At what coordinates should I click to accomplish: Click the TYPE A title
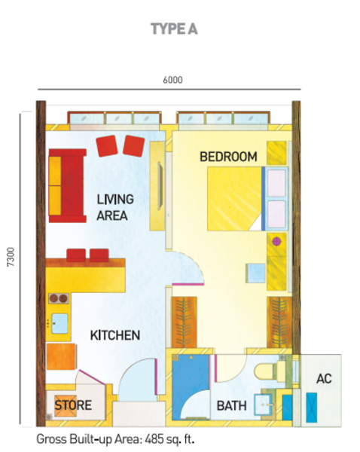click(174, 29)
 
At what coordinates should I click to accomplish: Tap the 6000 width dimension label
click(172, 80)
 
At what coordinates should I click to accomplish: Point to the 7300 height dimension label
click(11, 257)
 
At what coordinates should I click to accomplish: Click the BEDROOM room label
click(228, 157)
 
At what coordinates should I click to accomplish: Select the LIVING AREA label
click(115, 208)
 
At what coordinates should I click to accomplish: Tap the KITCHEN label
click(115, 335)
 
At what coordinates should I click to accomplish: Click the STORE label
click(73, 405)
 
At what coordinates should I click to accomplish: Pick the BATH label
click(231, 406)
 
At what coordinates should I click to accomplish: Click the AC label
click(324, 379)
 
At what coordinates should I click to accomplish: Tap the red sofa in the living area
click(68, 186)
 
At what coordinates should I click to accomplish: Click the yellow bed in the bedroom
click(234, 199)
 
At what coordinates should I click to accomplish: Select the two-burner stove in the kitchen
click(59, 298)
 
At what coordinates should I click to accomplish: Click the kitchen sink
click(59, 323)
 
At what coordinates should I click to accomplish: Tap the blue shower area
click(191, 387)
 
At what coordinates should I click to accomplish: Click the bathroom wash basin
click(263, 405)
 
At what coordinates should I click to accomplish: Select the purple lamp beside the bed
click(276, 242)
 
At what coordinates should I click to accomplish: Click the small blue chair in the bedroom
click(255, 273)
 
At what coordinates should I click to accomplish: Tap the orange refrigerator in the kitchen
click(62, 356)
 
